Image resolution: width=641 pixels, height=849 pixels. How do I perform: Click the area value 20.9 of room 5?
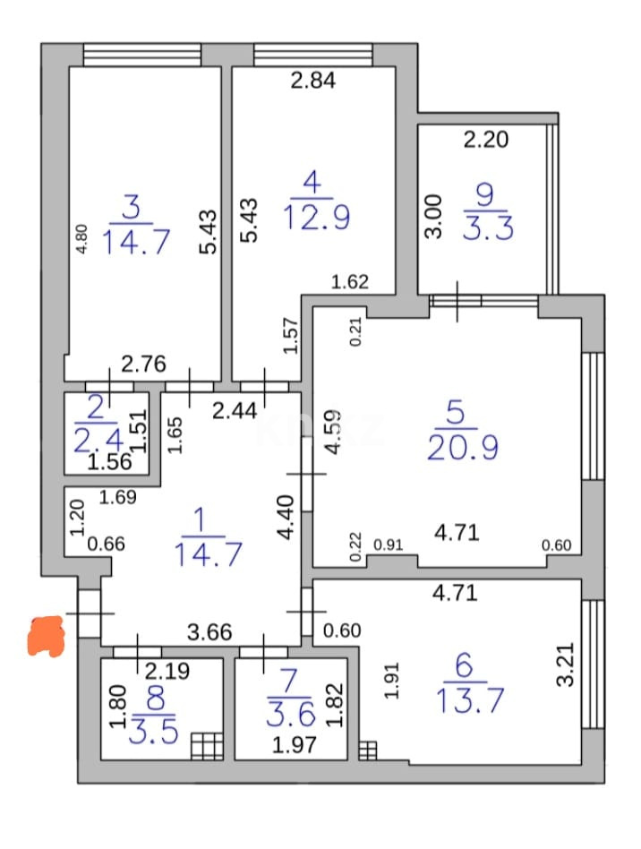(x=462, y=446)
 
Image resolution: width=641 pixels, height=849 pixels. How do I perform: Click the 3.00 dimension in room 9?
(x=433, y=217)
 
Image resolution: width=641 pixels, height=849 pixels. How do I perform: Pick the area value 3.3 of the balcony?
(x=488, y=228)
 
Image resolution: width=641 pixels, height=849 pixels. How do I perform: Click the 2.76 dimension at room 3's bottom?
(x=144, y=364)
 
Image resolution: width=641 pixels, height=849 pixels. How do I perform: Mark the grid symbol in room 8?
(x=207, y=745)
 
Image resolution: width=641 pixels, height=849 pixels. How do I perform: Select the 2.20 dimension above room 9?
(x=485, y=139)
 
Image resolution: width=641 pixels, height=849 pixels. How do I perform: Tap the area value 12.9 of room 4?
(x=316, y=216)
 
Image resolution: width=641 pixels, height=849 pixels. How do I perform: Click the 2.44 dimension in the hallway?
(x=234, y=411)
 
